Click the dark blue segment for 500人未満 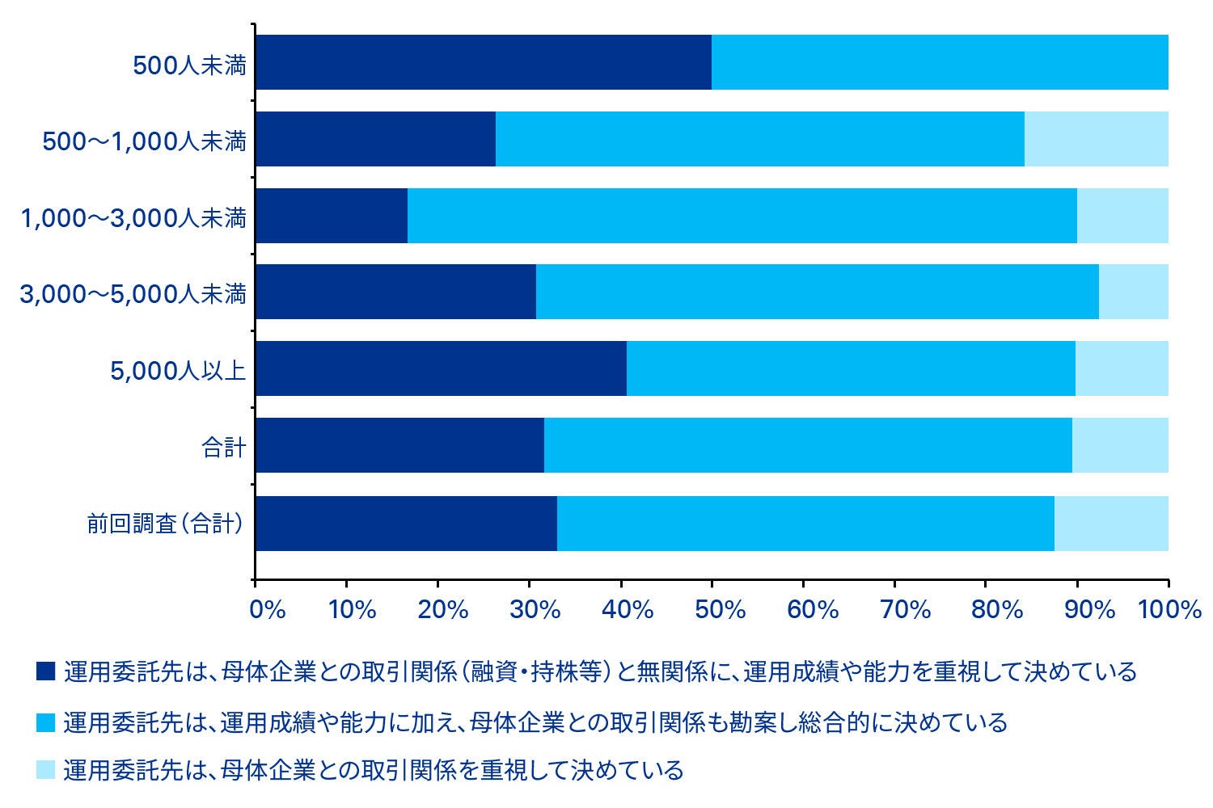(x=483, y=62)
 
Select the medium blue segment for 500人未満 (x=940, y=62)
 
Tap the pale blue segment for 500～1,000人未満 (x=1096, y=139)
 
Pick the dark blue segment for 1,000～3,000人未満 (x=331, y=216)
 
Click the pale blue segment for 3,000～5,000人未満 (x=1133, y=292)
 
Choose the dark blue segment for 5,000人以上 (x=441, y=368)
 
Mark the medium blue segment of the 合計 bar (x=808, y=445)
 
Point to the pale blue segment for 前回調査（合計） (x=1111, y=523)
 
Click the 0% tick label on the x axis (x=268, y=609)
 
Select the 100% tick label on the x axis (x=1169, y=609)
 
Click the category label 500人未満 (x=189, y=65)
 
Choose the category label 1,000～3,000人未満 (x=133, y=217)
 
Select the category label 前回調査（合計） (x=165, y=524)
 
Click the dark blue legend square (x=45, y=671)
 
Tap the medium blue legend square (x=45, y=721)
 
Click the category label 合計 (x=223, y=447)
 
